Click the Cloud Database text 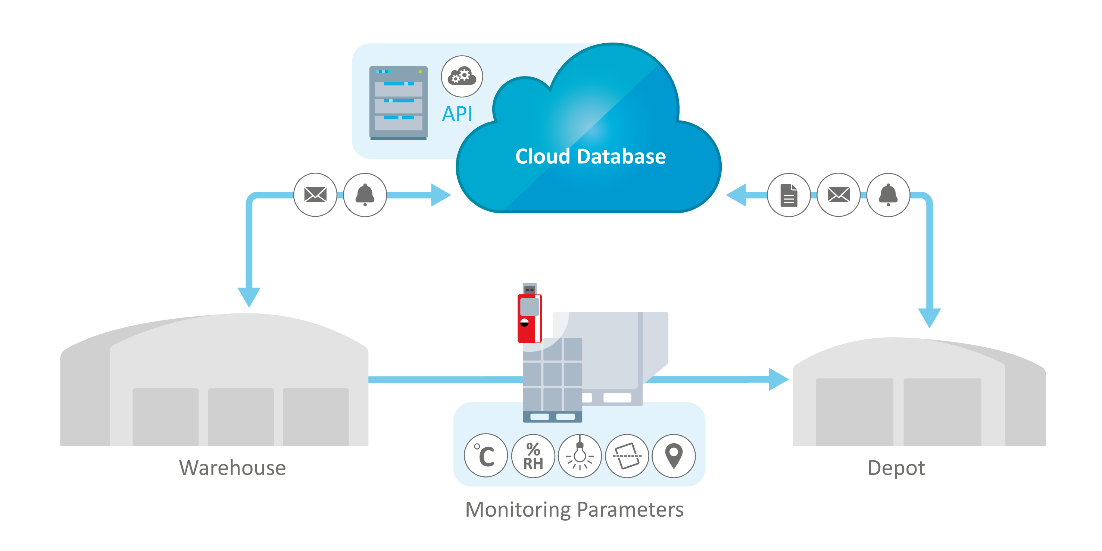click(x=590, y=157)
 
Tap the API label click(x=457, y=114)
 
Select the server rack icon click(x=398, y=103)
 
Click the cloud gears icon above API click(x=462, y=76)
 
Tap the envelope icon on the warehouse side click(x=315, y=195)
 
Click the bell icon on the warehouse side click(x=365, y=195)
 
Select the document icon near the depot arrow click(x=789, y=195)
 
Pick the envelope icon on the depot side click(x=839, y=195)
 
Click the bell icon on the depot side click(x=888, y=195)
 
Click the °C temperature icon click(x=486, y=456)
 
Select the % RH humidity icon click(x=533, y=456)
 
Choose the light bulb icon click(x=580, y=456)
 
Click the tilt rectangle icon click(x=627, y=456)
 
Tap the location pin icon click(x=674, y=456)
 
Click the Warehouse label click(x=232, y=467)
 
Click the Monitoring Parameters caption click(x=574, y=510)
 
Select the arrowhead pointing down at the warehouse click(x=249, y=297)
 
